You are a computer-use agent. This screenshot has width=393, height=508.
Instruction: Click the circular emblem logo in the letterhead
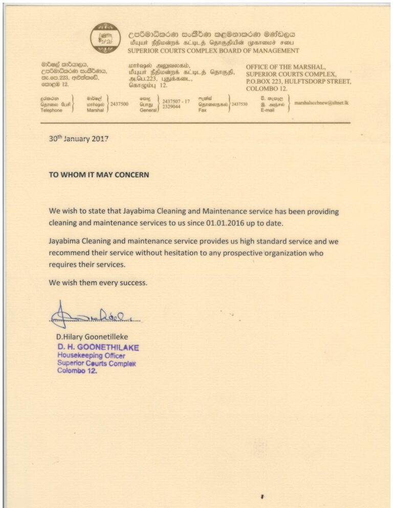pyautogui.click(x=106, y=38)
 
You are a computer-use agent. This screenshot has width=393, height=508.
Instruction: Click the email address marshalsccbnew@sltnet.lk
pyautogui.click(x=321, y=103)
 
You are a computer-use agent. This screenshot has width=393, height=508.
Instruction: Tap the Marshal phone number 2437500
pyautogui.click(x=119, y=104)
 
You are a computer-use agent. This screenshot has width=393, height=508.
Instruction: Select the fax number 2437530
pyautogui.click(x=239, y=104)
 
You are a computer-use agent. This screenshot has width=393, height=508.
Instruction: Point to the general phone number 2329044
pyautogui.click(x=171, y=107)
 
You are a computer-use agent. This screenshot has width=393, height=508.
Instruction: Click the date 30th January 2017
pyautogui.click(x=79, y=138)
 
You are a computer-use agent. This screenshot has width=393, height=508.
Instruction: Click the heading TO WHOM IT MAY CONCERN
pyautogui.click(x=99, y=175)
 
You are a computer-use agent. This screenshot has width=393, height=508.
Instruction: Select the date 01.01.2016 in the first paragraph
pyautogui.click(x=239, y=223)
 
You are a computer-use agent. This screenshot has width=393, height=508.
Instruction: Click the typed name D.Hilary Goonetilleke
pyautogui.click(x=92, y=337)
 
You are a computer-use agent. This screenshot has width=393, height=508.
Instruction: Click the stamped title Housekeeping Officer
pyautogui.click(x=91, y=355)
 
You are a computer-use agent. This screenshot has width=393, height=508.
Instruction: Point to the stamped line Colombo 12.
pyautogui.click(x=77, y=372)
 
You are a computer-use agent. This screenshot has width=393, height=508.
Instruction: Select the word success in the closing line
pyautogui.click(x=133, y=282)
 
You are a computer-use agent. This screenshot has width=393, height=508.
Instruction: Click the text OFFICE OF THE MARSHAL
pyautogui.click(x=286, y=67)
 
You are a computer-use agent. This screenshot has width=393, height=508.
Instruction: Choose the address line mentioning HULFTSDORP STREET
pyautogui.click(x=299, y=81)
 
